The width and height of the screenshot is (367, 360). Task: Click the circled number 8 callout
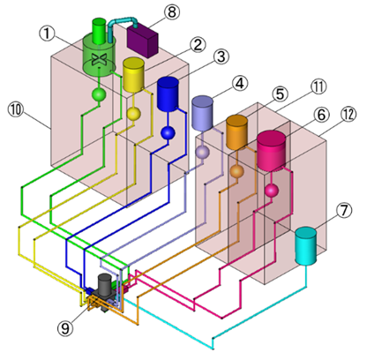172,12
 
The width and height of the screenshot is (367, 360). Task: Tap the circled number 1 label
48,34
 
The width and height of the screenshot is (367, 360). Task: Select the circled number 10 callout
16,109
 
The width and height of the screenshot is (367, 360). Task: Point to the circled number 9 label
65,327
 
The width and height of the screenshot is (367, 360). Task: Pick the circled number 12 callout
348,114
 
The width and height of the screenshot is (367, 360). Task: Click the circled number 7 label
344,210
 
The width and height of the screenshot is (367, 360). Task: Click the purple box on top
142,41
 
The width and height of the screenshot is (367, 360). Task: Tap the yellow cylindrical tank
133,75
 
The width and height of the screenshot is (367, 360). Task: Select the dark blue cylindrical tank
168,94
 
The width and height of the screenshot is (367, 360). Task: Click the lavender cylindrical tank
202,113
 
